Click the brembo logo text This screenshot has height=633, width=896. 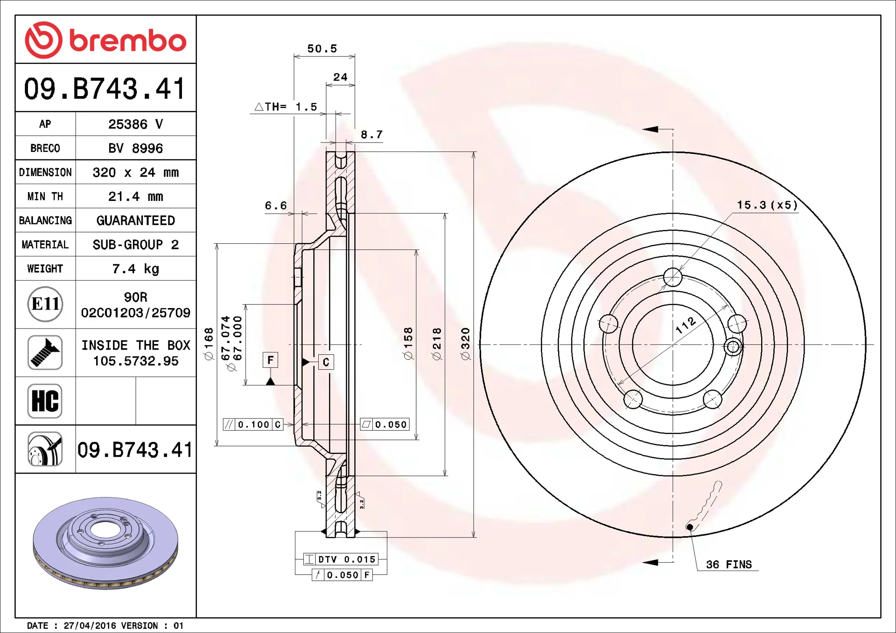point(128,41)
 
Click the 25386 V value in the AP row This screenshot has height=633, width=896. point(135,124)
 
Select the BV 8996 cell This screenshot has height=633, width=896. point(135,148)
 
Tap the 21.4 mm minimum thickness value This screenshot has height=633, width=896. point(135,196)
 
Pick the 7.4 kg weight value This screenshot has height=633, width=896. point(135,268)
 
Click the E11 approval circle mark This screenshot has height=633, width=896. point(45,304)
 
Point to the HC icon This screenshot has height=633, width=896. point(45,401)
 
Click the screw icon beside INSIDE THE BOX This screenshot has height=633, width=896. point(45,352)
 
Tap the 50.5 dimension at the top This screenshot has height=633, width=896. point(322,48)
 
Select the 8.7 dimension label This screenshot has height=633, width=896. point(371,134)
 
